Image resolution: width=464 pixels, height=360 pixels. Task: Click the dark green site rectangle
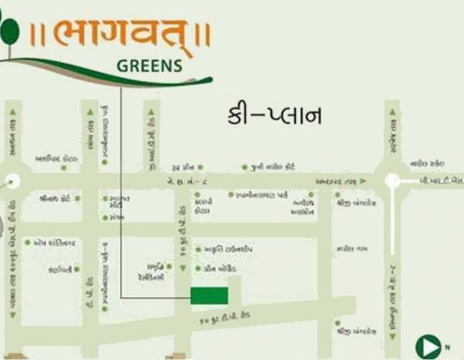[210, 295]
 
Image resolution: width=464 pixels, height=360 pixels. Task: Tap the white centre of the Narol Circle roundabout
[392, 181]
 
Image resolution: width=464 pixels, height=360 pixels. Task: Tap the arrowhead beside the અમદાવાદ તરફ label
[363, 181]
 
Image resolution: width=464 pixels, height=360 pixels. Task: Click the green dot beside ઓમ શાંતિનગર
[27, 242]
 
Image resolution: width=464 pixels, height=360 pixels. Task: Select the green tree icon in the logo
[9, 33]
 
